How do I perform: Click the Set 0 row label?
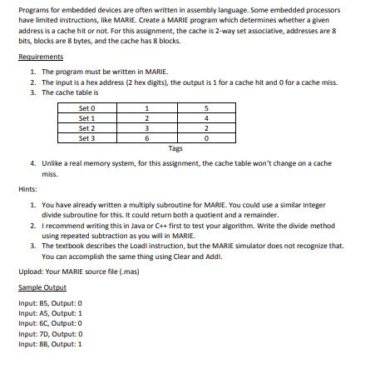coord(87,109)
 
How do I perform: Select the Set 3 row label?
coord(87,138)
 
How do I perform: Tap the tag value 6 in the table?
coord(146,138)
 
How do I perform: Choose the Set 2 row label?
coord(87,128)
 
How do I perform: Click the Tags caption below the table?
coord(175,148)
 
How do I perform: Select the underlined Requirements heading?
coord(40,57)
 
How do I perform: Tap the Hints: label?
coord(27,189)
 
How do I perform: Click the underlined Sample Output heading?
coord(42,287)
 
